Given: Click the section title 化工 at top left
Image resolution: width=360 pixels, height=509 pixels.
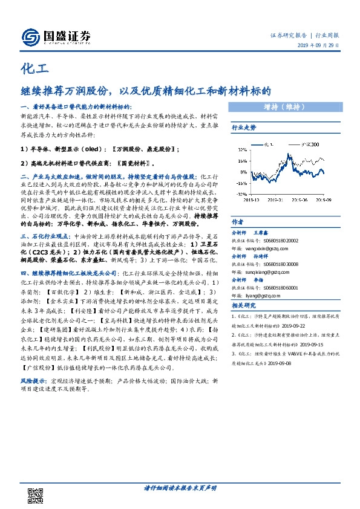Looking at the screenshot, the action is pyautogui.click(x=31, y=68).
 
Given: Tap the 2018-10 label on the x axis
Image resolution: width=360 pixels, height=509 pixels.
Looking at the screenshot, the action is pyautogui.click(x=251, y=197).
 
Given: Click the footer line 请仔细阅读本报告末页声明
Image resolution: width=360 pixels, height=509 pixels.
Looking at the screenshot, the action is pyautogui.click(x=180, y=487).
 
